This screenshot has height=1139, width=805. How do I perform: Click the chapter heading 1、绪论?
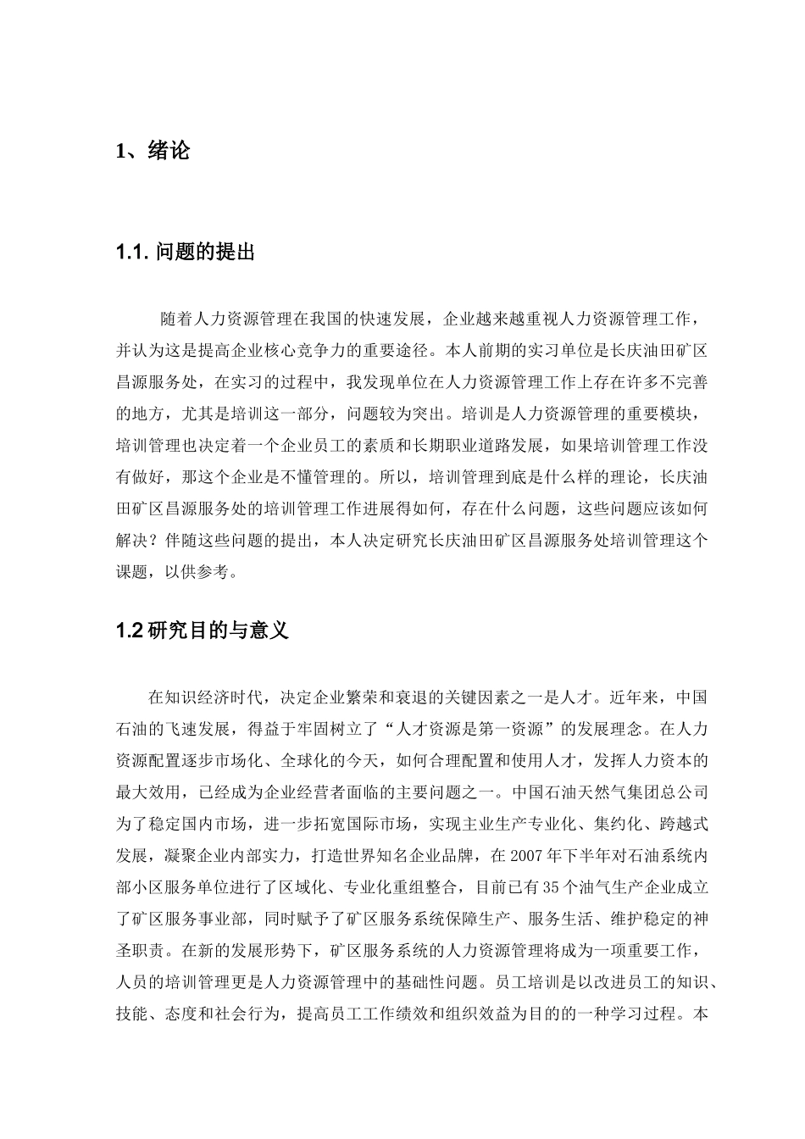(x=153, y=152)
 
